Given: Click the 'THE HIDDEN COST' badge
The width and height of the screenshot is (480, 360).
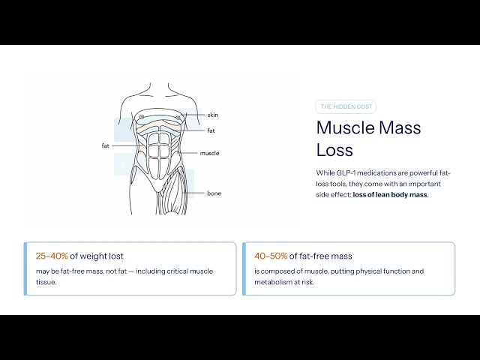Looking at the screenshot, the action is [346, 106].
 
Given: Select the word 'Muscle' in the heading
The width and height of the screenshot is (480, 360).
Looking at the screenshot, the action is [345, 127].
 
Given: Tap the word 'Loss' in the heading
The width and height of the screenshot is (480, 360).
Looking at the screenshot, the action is [334, 150].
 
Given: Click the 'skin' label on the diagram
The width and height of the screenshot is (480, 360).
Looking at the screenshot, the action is [213, 115].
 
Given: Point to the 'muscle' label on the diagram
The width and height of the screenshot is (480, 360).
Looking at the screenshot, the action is [209, 153].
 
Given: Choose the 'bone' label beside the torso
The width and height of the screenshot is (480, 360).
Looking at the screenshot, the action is [214, 193].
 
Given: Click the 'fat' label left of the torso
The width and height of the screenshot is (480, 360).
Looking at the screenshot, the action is [105, 145].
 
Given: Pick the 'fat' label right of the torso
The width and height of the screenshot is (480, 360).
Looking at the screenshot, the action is [211, 130].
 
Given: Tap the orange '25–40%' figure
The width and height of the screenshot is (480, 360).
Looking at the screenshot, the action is [52, 256].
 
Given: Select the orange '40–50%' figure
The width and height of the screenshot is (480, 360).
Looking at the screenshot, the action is [271, 256].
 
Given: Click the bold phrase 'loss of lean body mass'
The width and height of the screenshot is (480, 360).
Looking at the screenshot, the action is [390, 195].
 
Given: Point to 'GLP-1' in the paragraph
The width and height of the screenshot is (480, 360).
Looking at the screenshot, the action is [346, 172].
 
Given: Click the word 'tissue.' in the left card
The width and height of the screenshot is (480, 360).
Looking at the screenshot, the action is [46, 282].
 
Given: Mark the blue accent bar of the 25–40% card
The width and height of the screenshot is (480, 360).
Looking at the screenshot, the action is [25, 268].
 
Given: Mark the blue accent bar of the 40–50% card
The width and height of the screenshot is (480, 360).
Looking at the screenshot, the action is [244, 268].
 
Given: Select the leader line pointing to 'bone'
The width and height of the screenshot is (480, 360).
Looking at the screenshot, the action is [193, 193].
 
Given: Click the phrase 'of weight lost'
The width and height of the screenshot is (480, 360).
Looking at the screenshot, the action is [97, 256].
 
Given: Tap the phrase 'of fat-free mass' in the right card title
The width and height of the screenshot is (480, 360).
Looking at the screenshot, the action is [320, 256].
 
